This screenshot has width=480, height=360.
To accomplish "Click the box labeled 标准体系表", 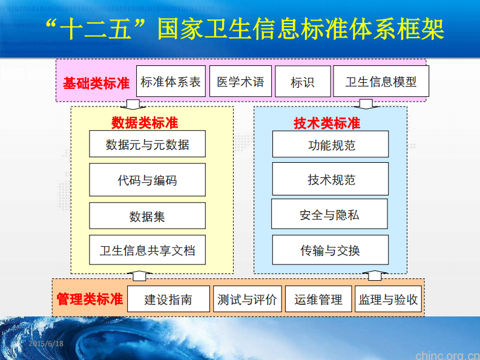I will point(171,81).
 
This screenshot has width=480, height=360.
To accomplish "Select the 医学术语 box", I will point(240,81).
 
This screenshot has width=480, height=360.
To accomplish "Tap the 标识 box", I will point(303,82).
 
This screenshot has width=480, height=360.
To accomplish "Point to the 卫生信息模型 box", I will point(381,82).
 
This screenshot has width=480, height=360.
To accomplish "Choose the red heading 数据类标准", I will point(145,122).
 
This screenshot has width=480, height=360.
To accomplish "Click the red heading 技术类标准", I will point(327,123).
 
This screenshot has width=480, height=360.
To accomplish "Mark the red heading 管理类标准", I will point(90,299).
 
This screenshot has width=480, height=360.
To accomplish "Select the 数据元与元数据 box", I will point(147,144).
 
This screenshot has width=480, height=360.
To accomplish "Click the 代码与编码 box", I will point(147,180).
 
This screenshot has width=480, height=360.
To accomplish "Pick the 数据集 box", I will point(147,216).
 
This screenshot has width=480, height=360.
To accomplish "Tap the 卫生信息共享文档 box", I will point(147,250).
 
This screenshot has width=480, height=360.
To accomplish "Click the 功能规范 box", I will point(330,144).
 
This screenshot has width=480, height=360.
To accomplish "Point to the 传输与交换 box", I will point(330,250).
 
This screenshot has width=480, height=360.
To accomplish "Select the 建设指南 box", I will point(168,299).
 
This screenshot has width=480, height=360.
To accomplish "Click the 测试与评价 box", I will point(247,299).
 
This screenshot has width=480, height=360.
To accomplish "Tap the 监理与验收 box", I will point(388,299).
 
